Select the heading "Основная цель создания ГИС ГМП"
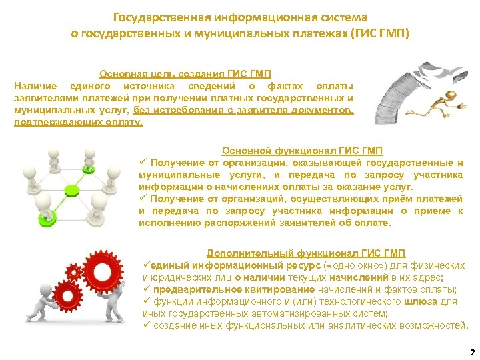(185, 75)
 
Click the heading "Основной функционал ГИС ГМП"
(302, 151)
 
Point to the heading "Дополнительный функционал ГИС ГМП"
(306, 253)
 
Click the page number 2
(472, 351)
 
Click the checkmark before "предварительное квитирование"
(147, 289)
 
